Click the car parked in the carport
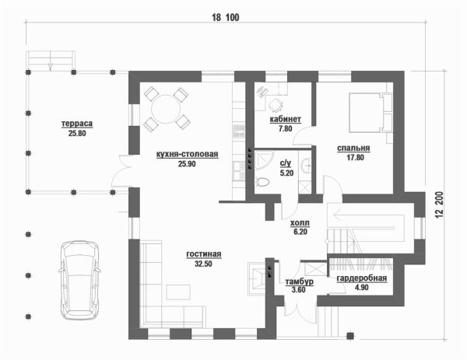[79, 280]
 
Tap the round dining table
[166, 109]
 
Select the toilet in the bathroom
[263, 181]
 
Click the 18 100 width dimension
[226, 18]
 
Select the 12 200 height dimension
[441, 205]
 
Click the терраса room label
[77, 124]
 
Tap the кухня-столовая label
[187, 154]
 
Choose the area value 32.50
[203, 264]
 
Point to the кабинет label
[286, 119]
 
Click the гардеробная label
[362, 278]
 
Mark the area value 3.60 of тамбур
[299, 289]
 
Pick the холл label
[300, 222]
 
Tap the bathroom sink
[306, 165]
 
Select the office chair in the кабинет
[276, 105]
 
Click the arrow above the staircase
[369, 215]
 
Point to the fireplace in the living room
[257, 279]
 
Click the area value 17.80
[356, 157]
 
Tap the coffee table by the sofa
[178, 292]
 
